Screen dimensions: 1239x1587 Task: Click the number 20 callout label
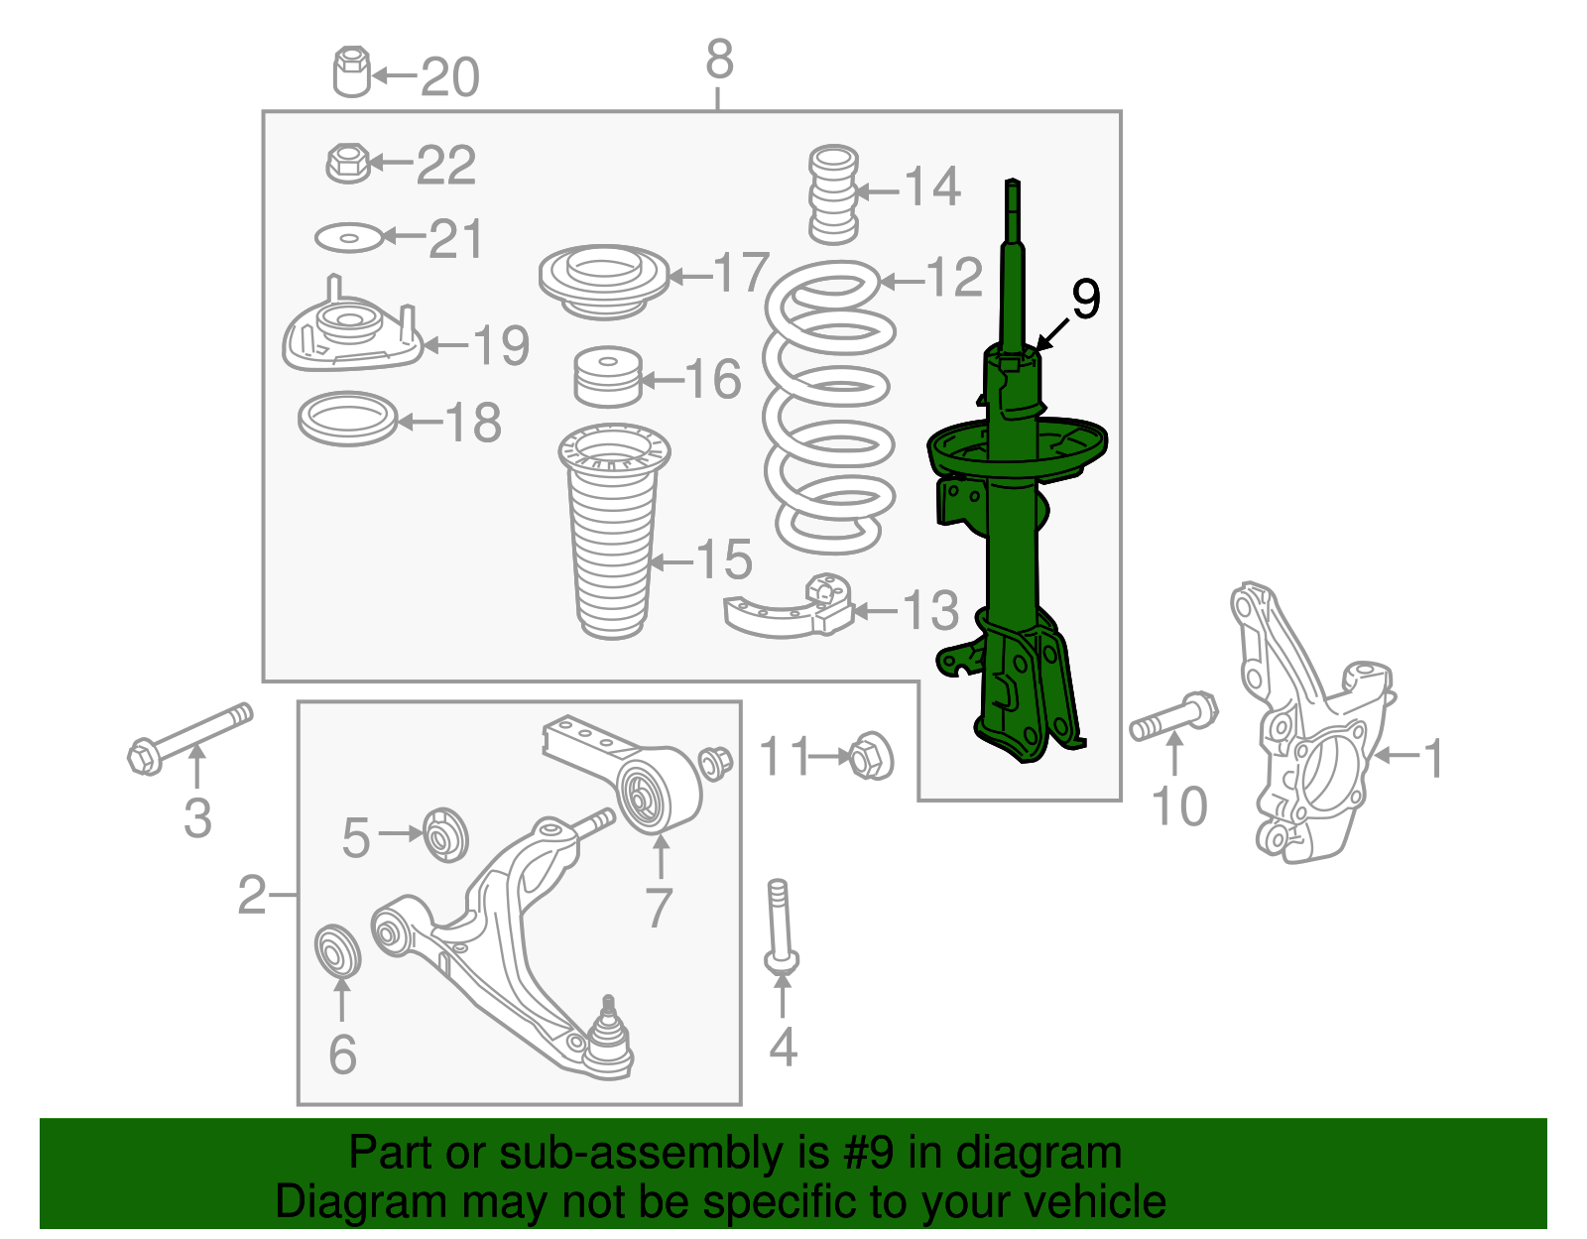450,77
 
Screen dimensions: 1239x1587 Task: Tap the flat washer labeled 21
348,238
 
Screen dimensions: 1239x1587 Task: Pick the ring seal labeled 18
347,420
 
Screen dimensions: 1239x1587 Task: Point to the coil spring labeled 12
829,407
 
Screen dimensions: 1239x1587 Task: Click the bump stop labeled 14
833,195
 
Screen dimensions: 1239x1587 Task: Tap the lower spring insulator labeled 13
791,608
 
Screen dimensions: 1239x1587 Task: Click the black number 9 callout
1086,299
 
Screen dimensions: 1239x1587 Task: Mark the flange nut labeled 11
871,757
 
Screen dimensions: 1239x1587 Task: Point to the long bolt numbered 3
189,737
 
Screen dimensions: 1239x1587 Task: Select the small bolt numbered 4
781,924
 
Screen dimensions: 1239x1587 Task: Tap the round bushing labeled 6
337,949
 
